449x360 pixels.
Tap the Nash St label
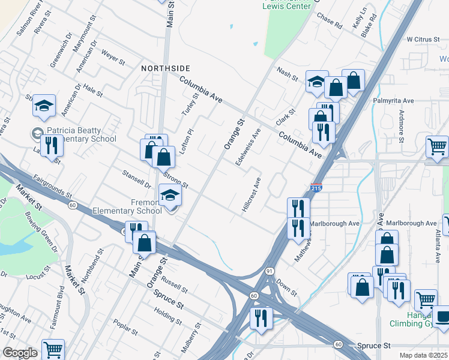click(288, 73)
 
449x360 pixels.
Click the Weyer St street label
click(113, 58)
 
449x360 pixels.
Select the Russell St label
click(175, 286)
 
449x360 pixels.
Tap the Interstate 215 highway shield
click(316, 188)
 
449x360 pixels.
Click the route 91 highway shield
click(271, 272)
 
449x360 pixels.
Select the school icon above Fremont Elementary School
click(170, 195)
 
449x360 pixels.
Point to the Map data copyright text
click(422, 355)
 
